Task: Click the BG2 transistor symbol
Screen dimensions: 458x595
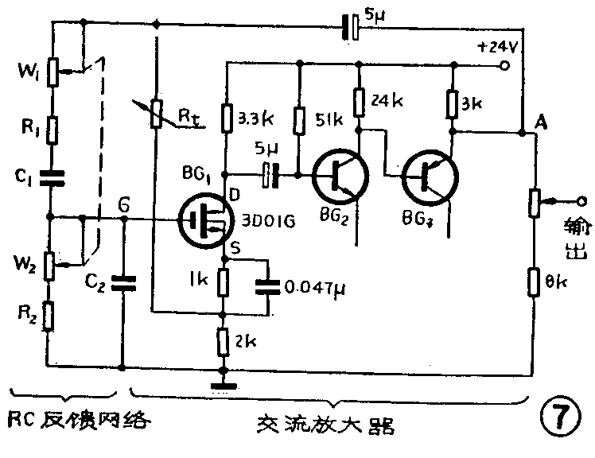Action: (339, 174)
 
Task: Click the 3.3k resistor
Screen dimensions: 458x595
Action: (226, 120)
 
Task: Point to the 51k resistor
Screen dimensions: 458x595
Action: (299, 120)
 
